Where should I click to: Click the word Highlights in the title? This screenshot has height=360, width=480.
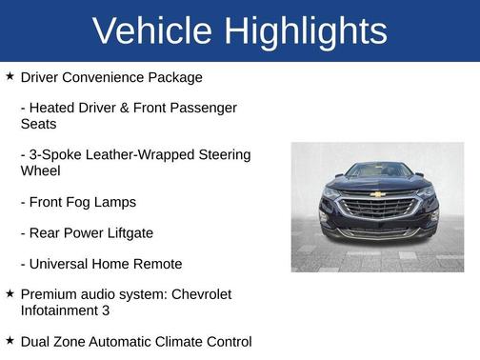point(305,30)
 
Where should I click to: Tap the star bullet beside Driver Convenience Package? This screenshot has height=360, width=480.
point(10,75)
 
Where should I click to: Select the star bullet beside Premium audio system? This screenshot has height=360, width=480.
point(10,293)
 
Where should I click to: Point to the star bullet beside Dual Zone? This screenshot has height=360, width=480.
point(10,340)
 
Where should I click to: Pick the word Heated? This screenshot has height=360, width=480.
point(55,108)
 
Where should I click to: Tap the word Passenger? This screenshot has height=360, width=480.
point(204,108)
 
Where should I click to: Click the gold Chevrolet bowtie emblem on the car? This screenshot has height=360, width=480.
point(377,193)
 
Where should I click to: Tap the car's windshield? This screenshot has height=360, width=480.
point(377,171)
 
